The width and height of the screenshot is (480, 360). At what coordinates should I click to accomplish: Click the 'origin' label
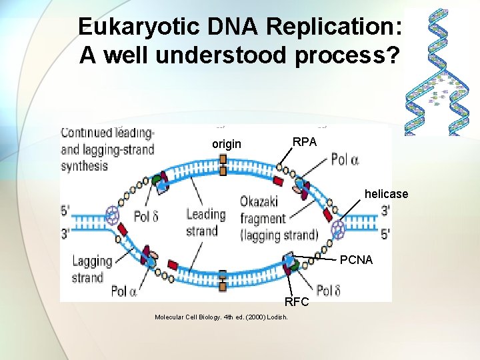point(227,144)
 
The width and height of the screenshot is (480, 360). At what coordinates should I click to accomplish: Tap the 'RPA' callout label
point(305,141)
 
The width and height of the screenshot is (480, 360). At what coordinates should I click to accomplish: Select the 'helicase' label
point(386,194)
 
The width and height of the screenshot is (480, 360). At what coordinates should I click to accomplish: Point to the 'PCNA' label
point(356,260)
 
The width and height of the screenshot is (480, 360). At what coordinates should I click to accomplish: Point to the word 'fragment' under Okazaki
point(263,218)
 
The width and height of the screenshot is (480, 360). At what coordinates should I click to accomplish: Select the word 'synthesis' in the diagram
point(84,166)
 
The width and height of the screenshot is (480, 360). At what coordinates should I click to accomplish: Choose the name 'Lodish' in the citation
point(277,317)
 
